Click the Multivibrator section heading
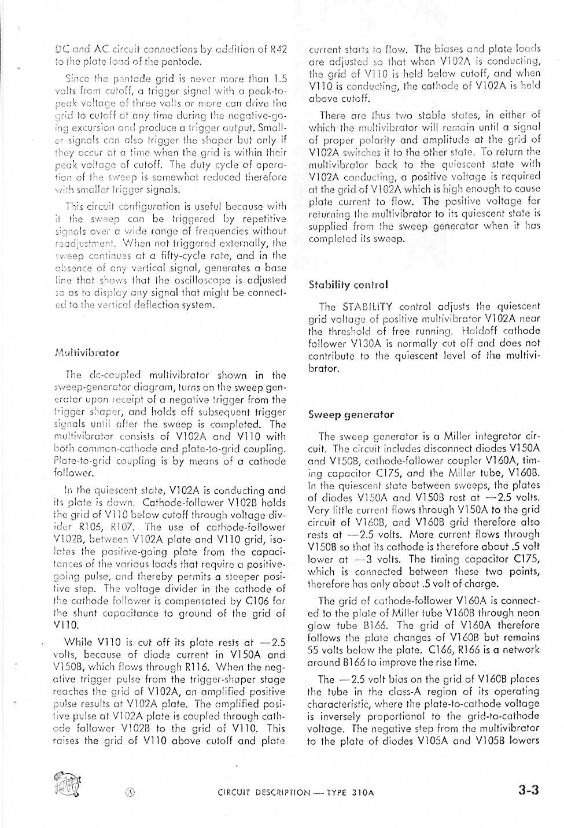pyautogui.click(x=87, y=353)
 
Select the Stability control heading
pyautogui.click(x=348, y=284)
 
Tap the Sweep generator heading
pyautogui.click(x=351, y=415)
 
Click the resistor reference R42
pyautogui.click(x=279, y=50)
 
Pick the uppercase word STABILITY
pyautogui.click(x=370, y=306)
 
